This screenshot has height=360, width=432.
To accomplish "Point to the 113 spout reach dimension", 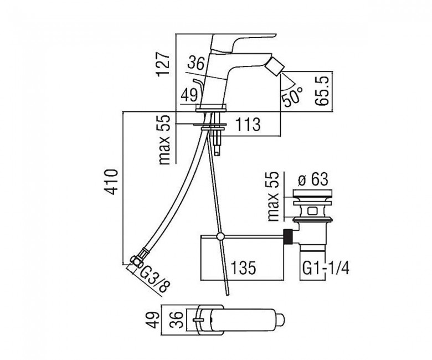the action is [x=247, y=124].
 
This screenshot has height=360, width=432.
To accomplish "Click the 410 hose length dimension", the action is [x=112, y=182].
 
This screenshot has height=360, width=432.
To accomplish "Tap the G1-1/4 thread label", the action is [x=326, y=268].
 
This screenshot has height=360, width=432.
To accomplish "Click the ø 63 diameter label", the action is [x=313, y=179].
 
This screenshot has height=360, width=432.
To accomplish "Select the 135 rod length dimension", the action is [x=243, y=268].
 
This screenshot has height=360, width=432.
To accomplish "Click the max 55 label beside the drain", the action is [x=274, y=197].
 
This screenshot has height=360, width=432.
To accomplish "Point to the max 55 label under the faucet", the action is [x=166, y=140].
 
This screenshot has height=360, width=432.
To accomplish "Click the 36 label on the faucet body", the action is [x=196, y=63].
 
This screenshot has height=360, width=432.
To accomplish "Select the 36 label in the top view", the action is [x=179, y=320].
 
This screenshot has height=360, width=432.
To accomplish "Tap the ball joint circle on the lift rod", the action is [x=220, y=236].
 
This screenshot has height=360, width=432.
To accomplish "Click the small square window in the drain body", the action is [x=313, y=212].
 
